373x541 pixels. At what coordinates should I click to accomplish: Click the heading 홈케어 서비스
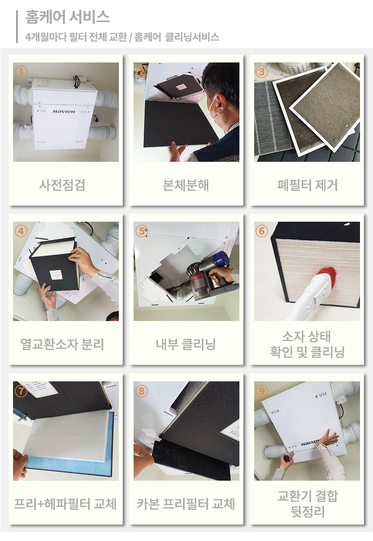coord(67,17)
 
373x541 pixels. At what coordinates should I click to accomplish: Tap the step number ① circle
coord(21,72)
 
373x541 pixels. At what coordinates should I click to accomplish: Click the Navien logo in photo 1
coord(64,111)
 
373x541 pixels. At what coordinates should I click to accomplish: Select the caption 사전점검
coord(62,185)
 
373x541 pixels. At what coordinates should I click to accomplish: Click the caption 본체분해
coord(186,185)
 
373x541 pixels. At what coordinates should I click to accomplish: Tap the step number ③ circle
coord(262,72)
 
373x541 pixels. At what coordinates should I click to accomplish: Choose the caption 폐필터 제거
coord(307,185)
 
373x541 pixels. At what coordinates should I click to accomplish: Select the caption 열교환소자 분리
coord(62,344)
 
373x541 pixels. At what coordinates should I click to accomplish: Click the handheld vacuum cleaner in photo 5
coord(208,275)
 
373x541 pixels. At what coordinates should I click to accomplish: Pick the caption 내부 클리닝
coord(186,344)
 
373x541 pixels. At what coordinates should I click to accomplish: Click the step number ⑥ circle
coord(262,231)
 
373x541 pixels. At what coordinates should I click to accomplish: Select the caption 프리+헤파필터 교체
coord(65,504)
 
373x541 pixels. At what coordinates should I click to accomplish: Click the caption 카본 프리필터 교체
coord(186,504)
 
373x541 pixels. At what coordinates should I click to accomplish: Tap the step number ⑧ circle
coord(141,391)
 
